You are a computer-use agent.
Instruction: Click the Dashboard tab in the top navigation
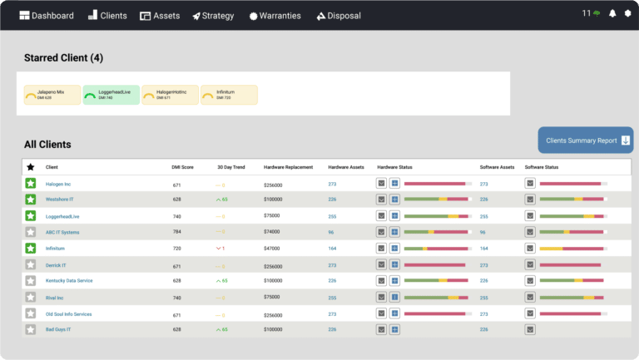pos(47,15)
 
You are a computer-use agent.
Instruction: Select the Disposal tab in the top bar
pos(338,15)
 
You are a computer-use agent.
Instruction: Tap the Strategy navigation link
pos(213,15)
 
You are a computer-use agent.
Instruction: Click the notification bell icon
pos(612,14)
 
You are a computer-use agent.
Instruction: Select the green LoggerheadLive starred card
pos(111,95)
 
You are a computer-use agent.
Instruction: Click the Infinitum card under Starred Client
pos(229,95)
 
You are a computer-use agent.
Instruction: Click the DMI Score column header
pos(182,167)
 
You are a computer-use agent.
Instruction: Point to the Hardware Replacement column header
pos(288,167)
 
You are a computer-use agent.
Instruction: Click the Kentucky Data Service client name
pos(69,281)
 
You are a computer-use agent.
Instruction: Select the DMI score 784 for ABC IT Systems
pos(176,232)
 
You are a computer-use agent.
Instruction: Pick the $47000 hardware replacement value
pos(272,249)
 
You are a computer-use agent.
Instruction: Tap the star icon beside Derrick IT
pos(31,265)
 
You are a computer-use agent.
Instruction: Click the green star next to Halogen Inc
pos(31,184)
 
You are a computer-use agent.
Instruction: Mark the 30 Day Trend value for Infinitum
pos(220,249)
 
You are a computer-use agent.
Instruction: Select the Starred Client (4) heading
pos(63,58)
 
